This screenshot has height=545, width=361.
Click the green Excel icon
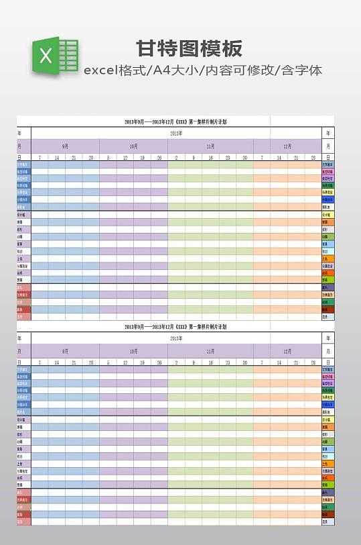click(x=54, y=55)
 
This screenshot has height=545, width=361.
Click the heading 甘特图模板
click(x=190, y=48)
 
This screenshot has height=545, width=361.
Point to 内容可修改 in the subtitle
click(x=238, y=70)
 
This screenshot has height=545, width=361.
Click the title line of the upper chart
click(x=175, y=122)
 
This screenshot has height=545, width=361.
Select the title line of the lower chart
click(x=175, y=327)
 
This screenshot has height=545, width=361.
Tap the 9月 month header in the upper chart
click(x=65, y=146)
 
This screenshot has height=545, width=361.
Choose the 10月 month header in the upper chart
click(x=134, y=146)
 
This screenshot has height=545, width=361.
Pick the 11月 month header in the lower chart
click(x=210, y=351)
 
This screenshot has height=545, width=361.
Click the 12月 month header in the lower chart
click(x=287, y=351)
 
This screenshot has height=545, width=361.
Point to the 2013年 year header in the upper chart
click(x=176, y=134)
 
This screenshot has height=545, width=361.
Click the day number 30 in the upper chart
click(x=245, y=158)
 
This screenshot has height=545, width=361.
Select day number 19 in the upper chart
click(x=142, y=158)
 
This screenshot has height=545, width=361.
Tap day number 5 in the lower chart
click(x=108, y=362)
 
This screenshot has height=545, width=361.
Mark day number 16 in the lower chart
click(x=210, y=362)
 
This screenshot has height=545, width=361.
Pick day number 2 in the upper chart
click(x=176, y=158)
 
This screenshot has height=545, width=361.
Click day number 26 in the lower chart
click(x=159, y=362)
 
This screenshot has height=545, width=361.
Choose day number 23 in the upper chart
click(x=228, y=158)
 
